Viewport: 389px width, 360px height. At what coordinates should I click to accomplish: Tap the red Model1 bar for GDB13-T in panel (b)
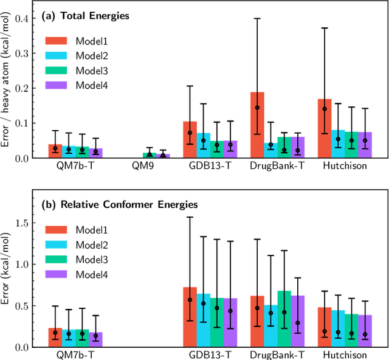(190, 317)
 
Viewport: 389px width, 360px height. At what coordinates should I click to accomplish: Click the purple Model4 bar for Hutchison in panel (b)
(365, 331)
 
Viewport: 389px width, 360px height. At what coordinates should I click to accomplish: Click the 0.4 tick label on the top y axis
(22, 18)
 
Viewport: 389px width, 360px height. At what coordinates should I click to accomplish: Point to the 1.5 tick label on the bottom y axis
(22, 223)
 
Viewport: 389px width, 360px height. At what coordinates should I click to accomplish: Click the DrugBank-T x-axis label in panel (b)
(277, 355)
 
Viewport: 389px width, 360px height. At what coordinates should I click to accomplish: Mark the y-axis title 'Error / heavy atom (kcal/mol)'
(6, 85)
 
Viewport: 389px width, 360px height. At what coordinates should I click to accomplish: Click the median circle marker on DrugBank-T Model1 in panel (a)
(257, 108)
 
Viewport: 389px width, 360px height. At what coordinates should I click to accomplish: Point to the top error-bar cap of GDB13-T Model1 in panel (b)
(190, 217)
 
